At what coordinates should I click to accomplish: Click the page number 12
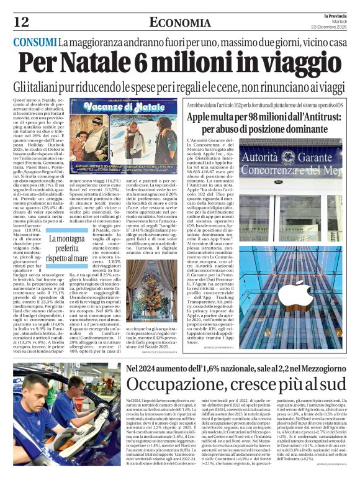click(x=20, y=22)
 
